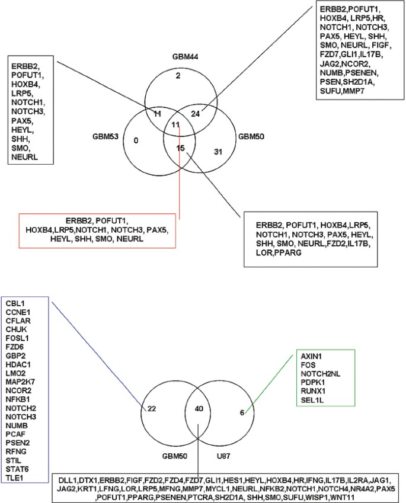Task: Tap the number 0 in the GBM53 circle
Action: (x=136, y=141)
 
